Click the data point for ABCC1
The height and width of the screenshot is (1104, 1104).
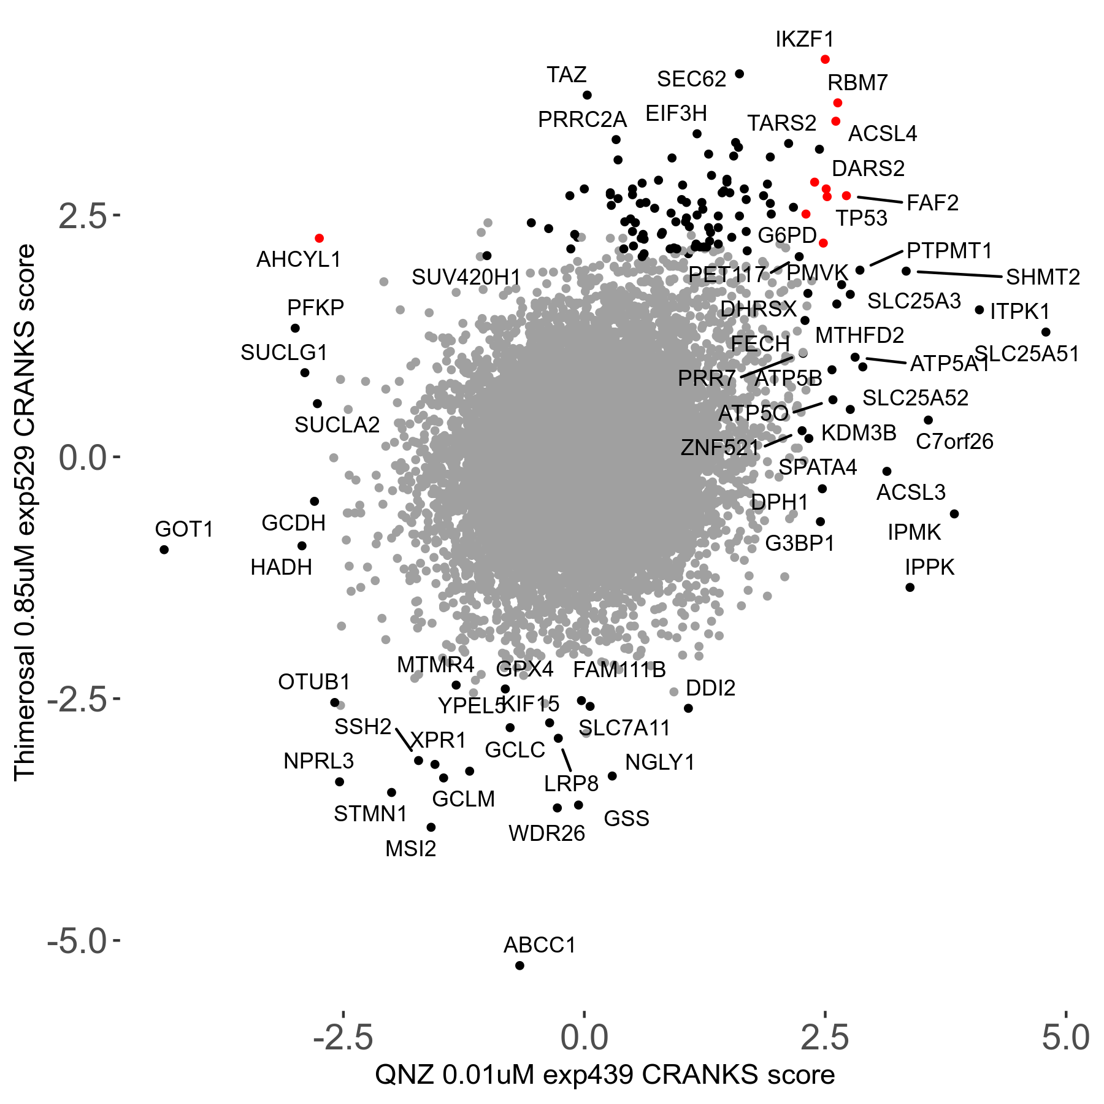coord(519,965)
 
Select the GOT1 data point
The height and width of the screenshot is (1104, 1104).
coord(164,550)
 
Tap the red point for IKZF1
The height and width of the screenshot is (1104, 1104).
coord(825,59)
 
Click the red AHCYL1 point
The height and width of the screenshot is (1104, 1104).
coord(319,238)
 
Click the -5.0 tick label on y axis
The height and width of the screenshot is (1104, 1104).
coord(77,941)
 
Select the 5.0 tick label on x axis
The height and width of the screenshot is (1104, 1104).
coord(1066,1038)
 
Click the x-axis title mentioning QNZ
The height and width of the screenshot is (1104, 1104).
coord(605,1075)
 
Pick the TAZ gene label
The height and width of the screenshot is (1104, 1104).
coord(567,75)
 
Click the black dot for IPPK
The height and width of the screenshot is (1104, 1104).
coord(910,588)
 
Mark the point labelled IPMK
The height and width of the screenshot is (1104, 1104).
coord(954,514)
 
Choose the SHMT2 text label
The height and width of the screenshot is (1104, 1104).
coord(1043,277)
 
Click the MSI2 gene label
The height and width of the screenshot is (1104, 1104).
coord(410,849)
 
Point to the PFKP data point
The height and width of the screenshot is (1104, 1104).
coord(295,328)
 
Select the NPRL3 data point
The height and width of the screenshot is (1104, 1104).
coord(339,781)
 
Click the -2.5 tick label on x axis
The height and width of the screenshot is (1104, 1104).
coord(343,1038)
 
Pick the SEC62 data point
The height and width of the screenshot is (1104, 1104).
coord(739,74)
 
